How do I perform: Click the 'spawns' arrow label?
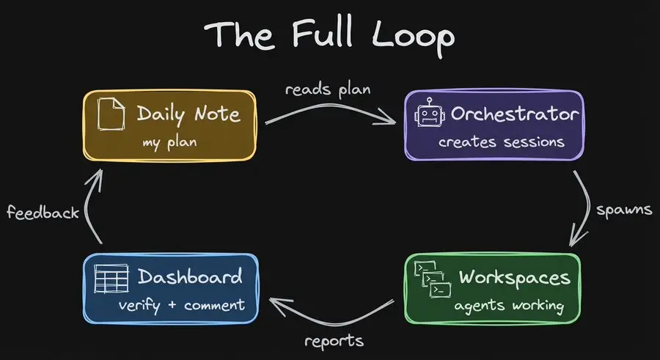click(x=624, y=209)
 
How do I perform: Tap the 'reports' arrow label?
click(x=334, y=341)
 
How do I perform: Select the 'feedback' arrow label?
click(x=43, y=213)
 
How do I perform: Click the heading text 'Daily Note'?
click(x=188, y=114)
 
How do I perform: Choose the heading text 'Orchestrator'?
click(x=515, y=114)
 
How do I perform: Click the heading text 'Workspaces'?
click(x=513, y=278)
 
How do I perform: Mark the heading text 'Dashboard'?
click(x=189, y=277)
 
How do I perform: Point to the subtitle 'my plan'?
click(x=169, y=142)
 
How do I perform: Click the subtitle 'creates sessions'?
click(x=502, y=142)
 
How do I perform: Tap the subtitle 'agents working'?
click(x=510, y=305)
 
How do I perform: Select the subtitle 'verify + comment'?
click(x=181, y=305)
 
